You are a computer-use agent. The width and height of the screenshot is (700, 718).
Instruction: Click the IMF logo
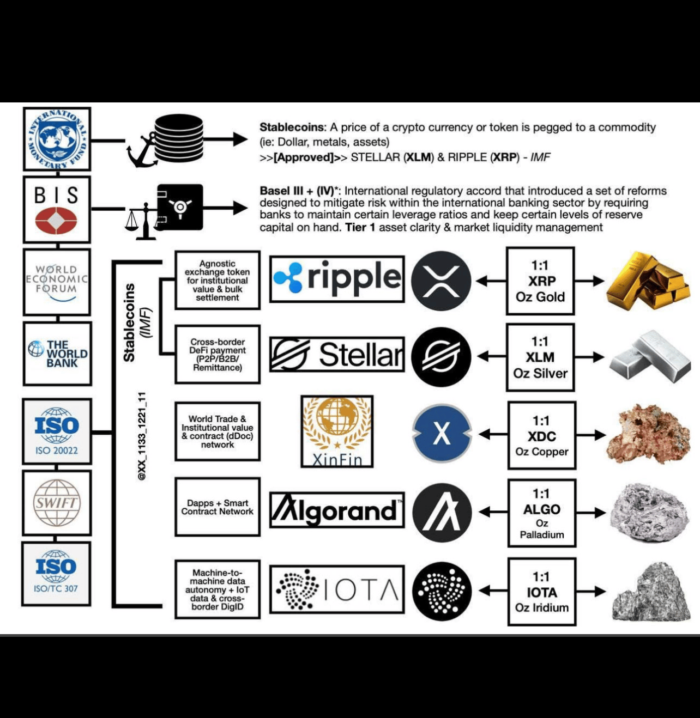pos(57,138)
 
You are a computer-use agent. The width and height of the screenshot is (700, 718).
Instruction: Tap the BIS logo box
pos(57,209)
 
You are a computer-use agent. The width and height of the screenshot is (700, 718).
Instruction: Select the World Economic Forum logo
pos(57,282)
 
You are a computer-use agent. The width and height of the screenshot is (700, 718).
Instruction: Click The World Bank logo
pos(57,353)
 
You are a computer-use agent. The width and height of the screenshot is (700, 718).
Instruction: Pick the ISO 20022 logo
pos(57,431)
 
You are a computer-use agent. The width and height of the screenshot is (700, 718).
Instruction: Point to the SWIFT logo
pos(57,503)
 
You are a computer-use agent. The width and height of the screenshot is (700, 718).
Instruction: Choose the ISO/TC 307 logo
pos(56,573)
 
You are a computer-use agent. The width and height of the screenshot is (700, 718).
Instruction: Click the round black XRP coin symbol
pos(440,281)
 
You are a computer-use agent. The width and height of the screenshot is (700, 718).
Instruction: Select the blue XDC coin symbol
pos(442,433)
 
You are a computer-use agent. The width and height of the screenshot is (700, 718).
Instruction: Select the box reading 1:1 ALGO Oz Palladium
pos(541,513)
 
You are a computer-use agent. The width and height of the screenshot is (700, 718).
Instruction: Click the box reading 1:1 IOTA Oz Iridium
pos(541,591)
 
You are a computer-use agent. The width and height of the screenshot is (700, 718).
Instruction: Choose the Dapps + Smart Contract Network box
pos(218,507)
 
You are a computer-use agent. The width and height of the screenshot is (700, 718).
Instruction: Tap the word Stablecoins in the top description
pos(292,127)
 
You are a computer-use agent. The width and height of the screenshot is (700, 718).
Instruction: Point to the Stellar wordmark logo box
pos(337,355)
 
